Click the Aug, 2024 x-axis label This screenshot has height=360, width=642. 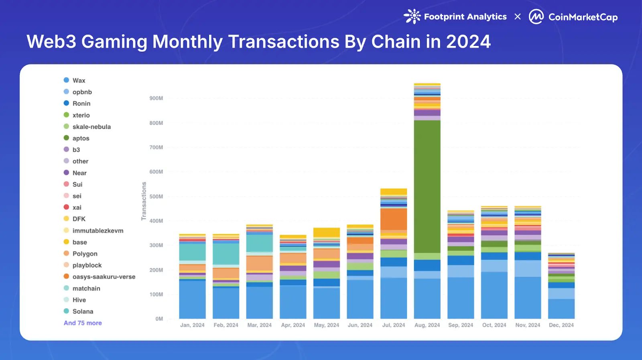click(427, 325)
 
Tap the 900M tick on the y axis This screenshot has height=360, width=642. click(156, 98)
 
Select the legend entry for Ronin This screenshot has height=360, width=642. click(81, 104)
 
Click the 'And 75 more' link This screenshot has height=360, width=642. click(83, 323)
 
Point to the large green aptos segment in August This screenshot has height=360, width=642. click(427, 187)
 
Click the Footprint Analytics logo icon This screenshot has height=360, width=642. click(412, 16)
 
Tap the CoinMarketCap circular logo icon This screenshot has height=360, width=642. click(536, 17)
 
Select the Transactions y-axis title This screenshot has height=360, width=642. click(144, 201)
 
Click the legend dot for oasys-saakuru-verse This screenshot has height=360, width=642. click(67, 277)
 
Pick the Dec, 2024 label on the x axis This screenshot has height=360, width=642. click(561, 325)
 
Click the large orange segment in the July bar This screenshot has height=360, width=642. click(394, 219)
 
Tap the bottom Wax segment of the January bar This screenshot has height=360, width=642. click(192, 299)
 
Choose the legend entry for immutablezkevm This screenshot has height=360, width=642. click(98, 231)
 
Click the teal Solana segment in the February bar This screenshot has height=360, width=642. click(226, 254)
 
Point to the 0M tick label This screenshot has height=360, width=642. click(159, 319)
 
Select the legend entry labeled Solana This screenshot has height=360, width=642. click(83, 311)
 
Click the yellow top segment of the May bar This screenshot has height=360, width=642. click(327, 232)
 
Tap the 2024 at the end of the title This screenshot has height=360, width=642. click(468, 42)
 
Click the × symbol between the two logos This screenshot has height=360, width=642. click(518, 17)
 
